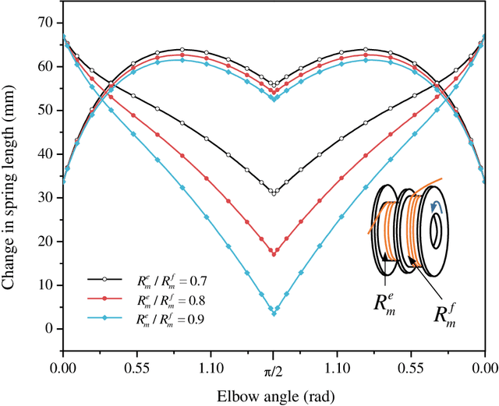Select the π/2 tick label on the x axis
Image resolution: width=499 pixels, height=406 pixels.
(x=274, y=364)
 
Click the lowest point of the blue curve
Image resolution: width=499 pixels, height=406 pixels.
(x=274, y=313)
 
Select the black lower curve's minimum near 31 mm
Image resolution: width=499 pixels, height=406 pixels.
(x=274, y=192)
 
